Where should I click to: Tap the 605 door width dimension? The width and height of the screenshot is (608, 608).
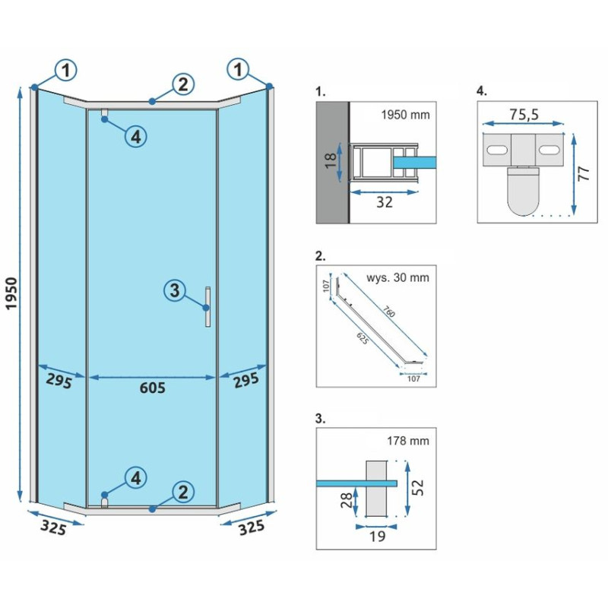(152, 388)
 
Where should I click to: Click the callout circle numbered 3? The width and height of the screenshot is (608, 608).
(175, 290)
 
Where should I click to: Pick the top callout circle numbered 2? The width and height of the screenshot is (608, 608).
(182, 84)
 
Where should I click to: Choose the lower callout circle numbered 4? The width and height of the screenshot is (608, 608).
(135, 478)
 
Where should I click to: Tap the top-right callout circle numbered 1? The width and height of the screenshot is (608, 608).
(239, 71)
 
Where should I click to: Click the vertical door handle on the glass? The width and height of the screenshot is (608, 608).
(207, 307)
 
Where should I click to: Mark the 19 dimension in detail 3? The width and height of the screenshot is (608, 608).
(377, 536)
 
